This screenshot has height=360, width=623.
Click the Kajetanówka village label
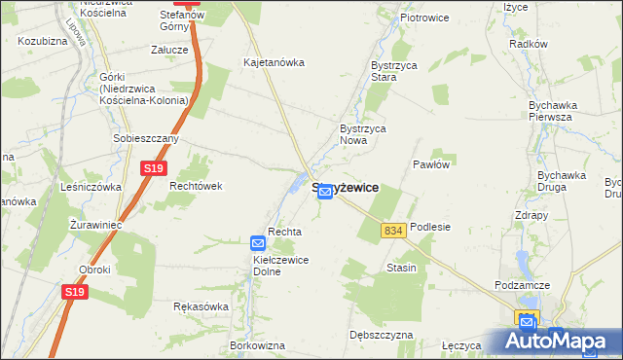click(x=273, y=62)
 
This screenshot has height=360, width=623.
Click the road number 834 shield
click(x=392, y=230)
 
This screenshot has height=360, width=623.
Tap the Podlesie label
click(x=430, y=226)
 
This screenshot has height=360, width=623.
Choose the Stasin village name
click(x=401, y=267)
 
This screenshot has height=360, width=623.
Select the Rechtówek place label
click(x=196, y=186)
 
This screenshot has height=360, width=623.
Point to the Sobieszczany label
click(x=146, y=139)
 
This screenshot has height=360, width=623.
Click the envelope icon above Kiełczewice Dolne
click(x=258, y=243)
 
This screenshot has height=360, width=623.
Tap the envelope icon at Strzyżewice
click(x=325, y=194)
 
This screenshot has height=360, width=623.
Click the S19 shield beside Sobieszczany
click(x=152, y=169)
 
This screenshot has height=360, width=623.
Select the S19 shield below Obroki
click(x=75, y=291)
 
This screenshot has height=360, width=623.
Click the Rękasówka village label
click(x=201, y=306)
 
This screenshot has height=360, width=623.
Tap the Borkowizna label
click(x=257, y=345)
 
